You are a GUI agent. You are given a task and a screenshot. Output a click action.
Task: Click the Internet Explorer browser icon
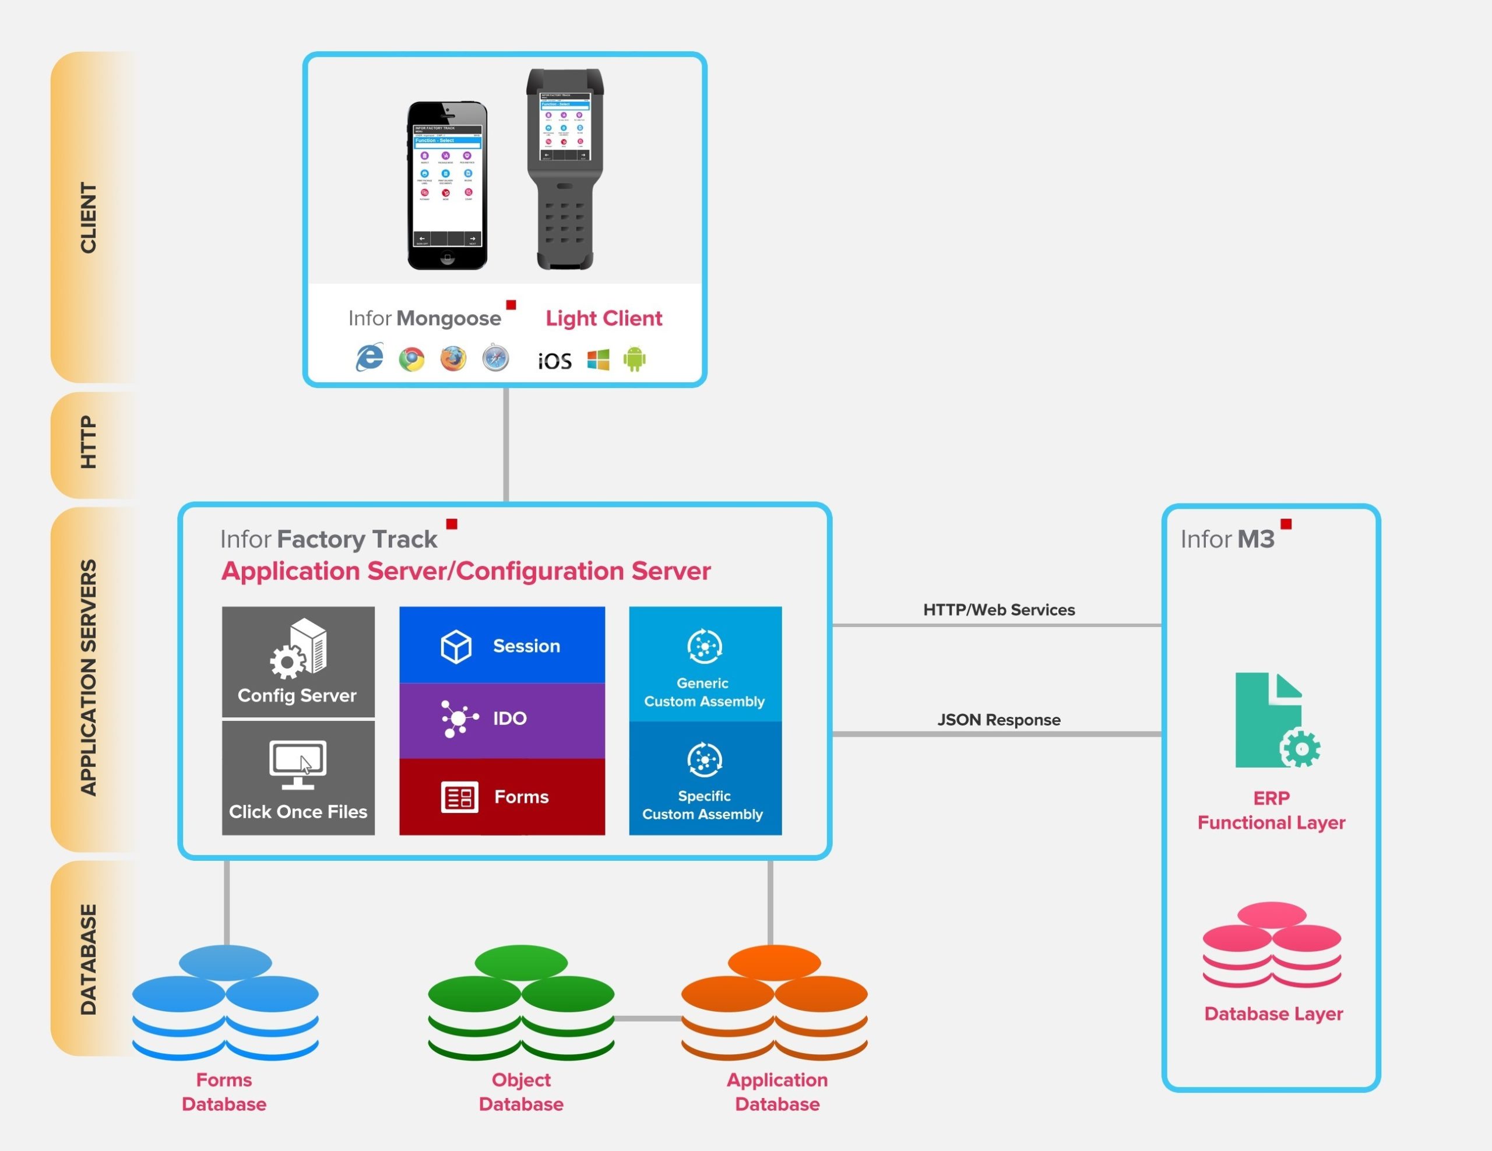click(370, 357)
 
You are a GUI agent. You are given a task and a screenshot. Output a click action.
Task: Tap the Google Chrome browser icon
click(411, 358)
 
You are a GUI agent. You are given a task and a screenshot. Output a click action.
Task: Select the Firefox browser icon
click(453, 358)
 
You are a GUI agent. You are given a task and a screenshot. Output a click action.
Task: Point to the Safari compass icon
click(495, 358)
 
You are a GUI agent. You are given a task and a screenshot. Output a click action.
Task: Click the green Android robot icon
click(635, 358)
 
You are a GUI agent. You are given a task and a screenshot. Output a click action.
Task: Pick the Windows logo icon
click(599, 360)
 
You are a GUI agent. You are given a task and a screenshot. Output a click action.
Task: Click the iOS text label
click(555, 361)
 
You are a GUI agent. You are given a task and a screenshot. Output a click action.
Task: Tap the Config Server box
click(298, 661)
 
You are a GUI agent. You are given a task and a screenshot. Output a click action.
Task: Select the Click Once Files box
click(298, 778)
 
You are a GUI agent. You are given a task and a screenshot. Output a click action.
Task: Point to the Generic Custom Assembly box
click(705, 663)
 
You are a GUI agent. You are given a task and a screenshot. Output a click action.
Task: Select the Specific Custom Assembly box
click(705, 779)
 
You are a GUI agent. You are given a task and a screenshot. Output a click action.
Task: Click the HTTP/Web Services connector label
click(999, 610)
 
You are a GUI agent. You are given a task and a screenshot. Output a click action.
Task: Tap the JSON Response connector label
click(999, 720)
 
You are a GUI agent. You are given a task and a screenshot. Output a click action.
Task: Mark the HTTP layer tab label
click(89, 443)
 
